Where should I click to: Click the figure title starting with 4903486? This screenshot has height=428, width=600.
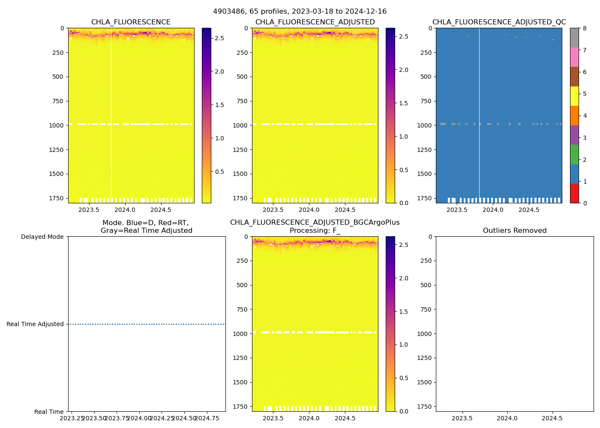click(300, 11)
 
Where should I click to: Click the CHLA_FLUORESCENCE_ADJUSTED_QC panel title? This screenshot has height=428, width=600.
click(499, 22)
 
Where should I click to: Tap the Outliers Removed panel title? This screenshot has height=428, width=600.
click(515, 231)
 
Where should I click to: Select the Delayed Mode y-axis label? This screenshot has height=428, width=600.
click(42, 237)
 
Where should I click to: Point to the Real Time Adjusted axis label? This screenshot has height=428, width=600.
click(35, 324)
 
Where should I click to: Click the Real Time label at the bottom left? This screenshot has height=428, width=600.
click(49, 412)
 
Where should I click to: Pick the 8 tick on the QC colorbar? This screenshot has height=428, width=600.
click(584, 28)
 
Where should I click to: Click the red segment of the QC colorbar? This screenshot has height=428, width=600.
click(574, 193)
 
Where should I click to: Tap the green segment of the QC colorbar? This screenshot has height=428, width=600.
click(574, 155)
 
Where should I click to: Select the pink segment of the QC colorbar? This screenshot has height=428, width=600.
click(574, 57)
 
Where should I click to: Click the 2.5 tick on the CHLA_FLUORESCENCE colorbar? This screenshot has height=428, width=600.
click(219, 38)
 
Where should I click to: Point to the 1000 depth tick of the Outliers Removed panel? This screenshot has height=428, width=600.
click(424, 334)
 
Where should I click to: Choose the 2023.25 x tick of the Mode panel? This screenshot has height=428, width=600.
click(72, 418)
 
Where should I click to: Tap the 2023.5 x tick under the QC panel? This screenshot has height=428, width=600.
click(457, 210)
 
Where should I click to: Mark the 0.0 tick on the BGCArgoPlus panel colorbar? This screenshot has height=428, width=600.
click(404, 411)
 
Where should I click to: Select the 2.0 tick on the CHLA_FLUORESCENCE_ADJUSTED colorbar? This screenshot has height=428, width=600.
click(404, 70)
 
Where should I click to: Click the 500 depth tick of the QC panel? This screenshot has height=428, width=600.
click(426, 77)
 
